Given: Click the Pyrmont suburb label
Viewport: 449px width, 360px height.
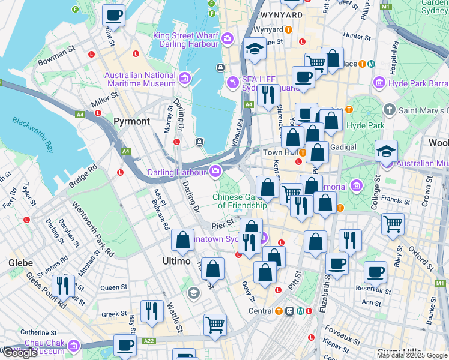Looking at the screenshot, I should (x=131, y=121).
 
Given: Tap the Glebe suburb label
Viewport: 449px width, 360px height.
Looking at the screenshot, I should (x=20, y=263).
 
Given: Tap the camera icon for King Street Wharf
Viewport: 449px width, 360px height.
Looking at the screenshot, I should (x=227, y=40).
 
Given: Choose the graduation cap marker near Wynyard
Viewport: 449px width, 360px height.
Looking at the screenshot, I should (x=255, y=50).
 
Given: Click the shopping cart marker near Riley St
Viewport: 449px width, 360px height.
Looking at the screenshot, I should (x=393, y=224).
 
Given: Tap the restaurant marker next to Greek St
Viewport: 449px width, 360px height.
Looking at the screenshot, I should (x=152, y=310).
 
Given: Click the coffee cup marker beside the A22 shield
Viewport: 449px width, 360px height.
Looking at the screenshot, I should (x=125, y=346).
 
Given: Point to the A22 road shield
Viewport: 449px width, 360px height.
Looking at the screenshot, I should (x=149, y=341).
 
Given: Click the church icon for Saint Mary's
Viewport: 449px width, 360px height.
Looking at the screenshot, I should (x=390, y=110).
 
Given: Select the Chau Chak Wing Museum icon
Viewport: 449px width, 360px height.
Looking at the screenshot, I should (x=74, y=346).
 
